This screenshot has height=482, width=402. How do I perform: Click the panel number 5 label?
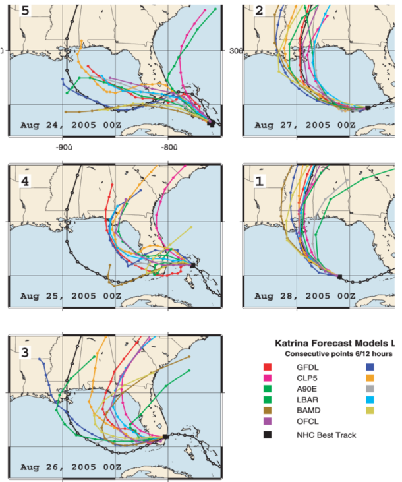point(25,11)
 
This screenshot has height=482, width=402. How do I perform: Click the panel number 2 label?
point(259,11)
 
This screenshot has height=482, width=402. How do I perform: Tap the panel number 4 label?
point(25,179)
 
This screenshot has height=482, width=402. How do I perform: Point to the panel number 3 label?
point(25,352)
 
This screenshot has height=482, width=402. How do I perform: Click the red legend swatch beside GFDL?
point(267,367)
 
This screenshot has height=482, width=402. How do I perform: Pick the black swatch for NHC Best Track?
point(267,434)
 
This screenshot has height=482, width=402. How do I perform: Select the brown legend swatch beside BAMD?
point(267,409)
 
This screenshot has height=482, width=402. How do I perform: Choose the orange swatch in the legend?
point(370,378)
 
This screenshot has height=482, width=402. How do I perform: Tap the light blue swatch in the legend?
point(370,399)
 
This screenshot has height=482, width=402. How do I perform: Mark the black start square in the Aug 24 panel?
point(211,123)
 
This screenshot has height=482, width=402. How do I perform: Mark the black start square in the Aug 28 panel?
point(339,277)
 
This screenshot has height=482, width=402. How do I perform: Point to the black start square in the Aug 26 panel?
point(165,437)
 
